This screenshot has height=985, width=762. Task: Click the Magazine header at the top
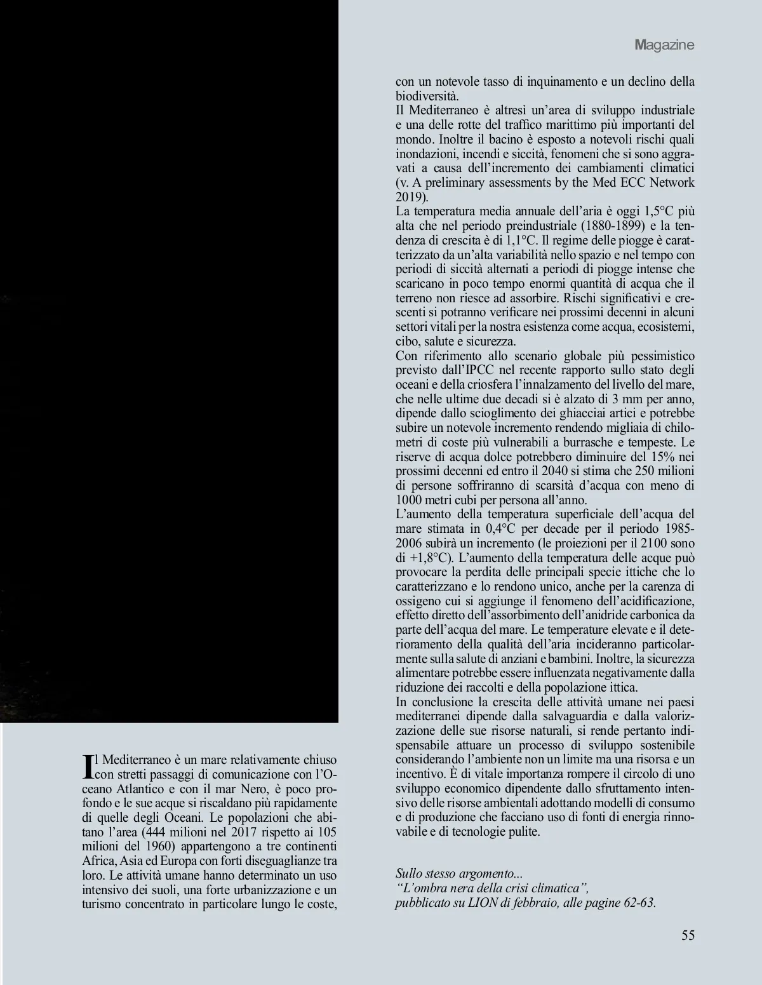click(664, 45)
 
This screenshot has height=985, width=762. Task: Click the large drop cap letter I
click(88, 766)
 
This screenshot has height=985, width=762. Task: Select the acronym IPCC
click(468, 370)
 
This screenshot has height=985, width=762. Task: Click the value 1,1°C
click(521, 240)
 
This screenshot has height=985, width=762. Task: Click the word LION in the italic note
click(484, 903)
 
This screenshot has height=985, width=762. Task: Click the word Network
click(671, 182)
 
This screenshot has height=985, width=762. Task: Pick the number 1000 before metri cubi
click(408, 499)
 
